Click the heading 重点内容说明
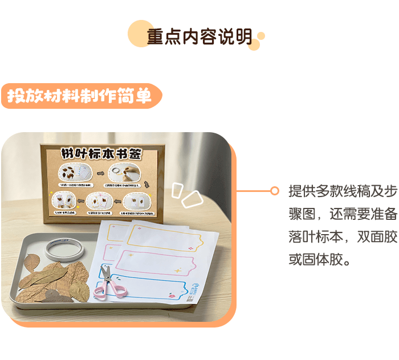pos(199,36)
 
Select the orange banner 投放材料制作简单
pos(80,96)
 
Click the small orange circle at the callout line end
pos(275,191)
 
